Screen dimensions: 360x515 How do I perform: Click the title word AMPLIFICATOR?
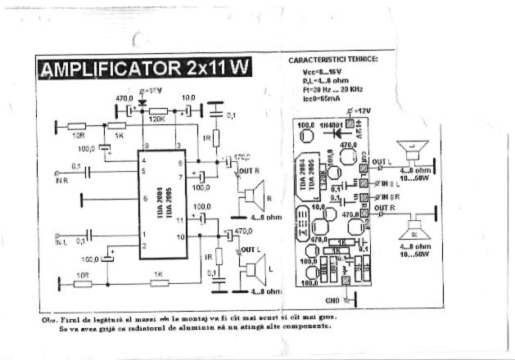[x=111, y=66]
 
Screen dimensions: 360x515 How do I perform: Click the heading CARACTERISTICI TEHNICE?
[x=334, y=61]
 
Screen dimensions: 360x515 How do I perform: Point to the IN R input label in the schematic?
[x=61, y=181]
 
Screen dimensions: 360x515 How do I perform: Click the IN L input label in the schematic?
[x=61, y=242]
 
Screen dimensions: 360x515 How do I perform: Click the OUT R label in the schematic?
[x=249, y=172]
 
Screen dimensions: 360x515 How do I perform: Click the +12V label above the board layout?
[x=362, y=110]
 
